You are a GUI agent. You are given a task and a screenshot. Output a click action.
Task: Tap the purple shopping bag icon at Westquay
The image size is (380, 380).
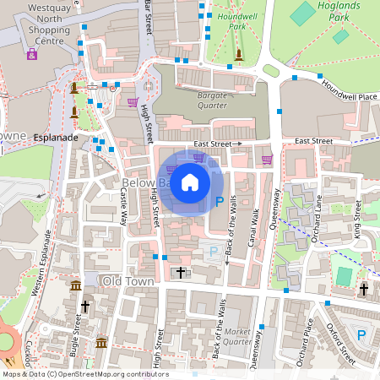[32, 55]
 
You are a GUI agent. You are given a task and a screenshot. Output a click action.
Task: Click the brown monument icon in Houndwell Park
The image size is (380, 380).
[239, 55]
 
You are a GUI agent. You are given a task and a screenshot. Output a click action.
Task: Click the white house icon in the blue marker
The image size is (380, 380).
[190, 182]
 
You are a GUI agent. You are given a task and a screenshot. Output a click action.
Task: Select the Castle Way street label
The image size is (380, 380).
[123, 204]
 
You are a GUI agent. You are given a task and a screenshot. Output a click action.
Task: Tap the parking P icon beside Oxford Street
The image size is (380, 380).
[361, 336]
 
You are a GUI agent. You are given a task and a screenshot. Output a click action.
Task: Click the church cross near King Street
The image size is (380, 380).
[364, 290]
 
